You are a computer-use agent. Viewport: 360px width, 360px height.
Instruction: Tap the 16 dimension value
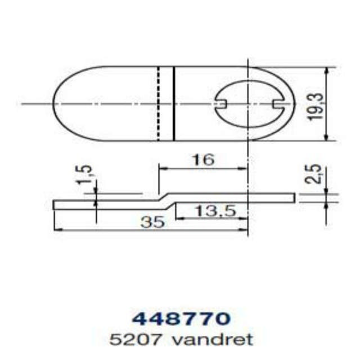point(203,159)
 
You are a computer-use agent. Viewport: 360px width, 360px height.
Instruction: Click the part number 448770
point(181,318)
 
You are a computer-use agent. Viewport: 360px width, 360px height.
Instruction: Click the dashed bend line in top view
point(159,104)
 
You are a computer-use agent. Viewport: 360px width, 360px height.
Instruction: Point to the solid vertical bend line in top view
point(174,104)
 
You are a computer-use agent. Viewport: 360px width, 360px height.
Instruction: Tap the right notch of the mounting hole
point(276,103)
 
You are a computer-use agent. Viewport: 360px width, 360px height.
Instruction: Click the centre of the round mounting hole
point(248,103)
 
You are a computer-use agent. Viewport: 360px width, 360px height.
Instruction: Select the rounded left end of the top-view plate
point(57,104)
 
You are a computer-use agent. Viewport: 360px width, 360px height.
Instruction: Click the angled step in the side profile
point(165,198)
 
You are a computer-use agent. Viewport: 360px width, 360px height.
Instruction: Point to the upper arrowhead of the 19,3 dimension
point(327,71)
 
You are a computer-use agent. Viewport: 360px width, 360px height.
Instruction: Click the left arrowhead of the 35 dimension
point(56,229)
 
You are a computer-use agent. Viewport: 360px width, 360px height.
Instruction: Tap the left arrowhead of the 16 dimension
point(161,167)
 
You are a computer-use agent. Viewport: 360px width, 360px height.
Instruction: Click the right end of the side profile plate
point(294,197)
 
